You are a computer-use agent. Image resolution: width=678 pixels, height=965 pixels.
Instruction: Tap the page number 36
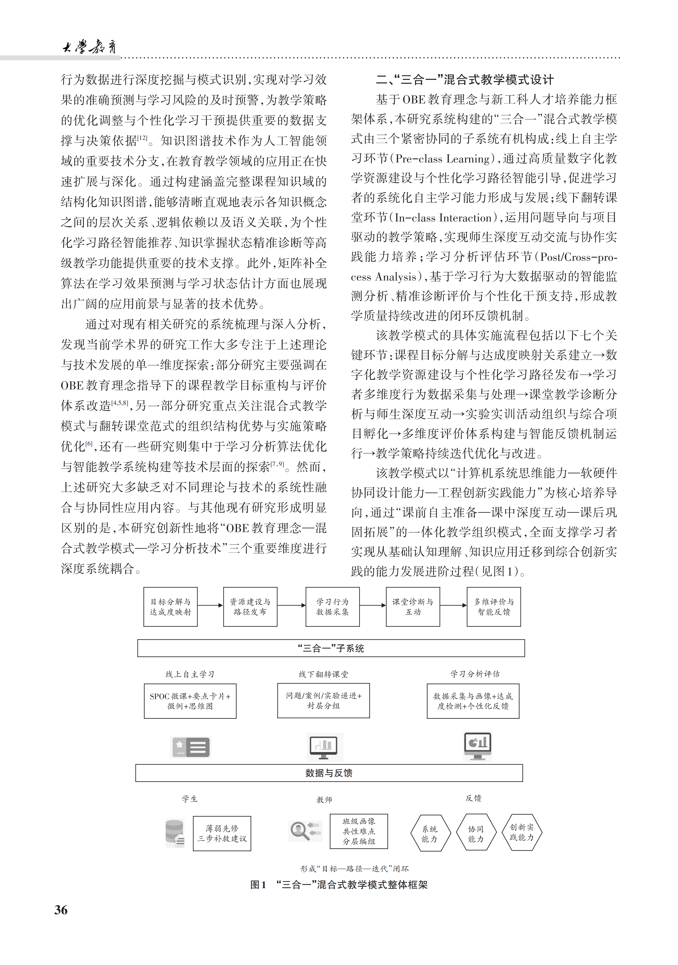tap(61, 910)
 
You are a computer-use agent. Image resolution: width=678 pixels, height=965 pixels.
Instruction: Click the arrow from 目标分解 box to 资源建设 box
tap(210, 605)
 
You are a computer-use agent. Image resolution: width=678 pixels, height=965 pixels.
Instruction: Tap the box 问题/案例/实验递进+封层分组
tap(323, 701)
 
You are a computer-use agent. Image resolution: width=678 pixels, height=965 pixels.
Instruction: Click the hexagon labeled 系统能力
tap(430, 833)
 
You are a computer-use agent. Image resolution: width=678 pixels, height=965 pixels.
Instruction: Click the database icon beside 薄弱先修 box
tap(175, 833)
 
